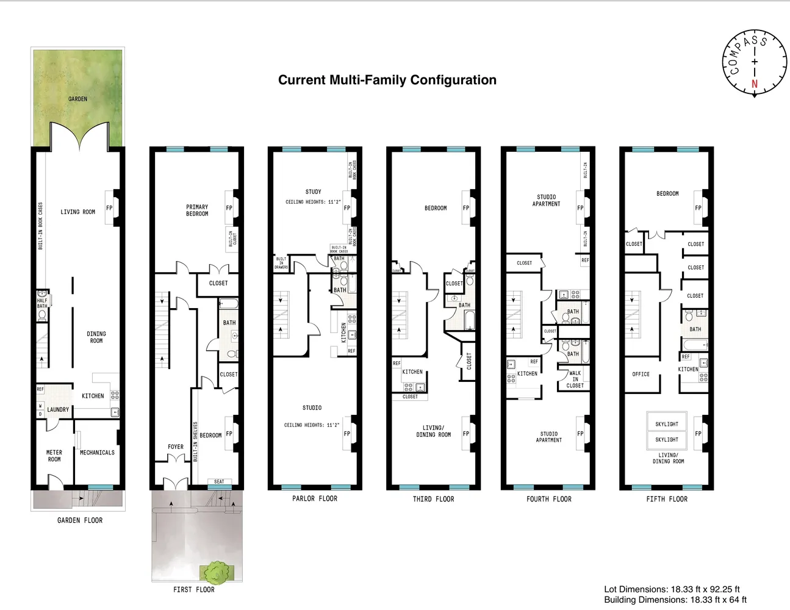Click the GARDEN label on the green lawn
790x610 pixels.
pos(77,99)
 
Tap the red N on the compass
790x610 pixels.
pos(755,84)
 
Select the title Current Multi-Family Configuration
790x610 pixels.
pos(387,80)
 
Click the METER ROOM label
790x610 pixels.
pos(54,456)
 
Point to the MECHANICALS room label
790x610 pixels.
pos(97,453)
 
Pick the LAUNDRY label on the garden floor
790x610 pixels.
pos(58,409)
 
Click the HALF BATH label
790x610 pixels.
pos(41,303)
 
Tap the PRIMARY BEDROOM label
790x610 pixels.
pos(197,210)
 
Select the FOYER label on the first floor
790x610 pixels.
pos(176,447)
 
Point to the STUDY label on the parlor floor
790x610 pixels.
pos(313,192)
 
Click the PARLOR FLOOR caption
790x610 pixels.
pos(314,498)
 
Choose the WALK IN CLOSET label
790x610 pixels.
pos(575,379)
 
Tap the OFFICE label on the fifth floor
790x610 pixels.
pos(641,374)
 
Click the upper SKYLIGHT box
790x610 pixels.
pos(666,423)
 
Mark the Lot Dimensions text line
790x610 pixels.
pos(672,589)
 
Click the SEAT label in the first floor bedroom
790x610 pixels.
pos(219,482)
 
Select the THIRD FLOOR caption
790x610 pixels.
pos(433,499)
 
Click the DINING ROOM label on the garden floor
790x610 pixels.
pos(96,337)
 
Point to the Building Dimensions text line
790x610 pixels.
pos(675,600)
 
